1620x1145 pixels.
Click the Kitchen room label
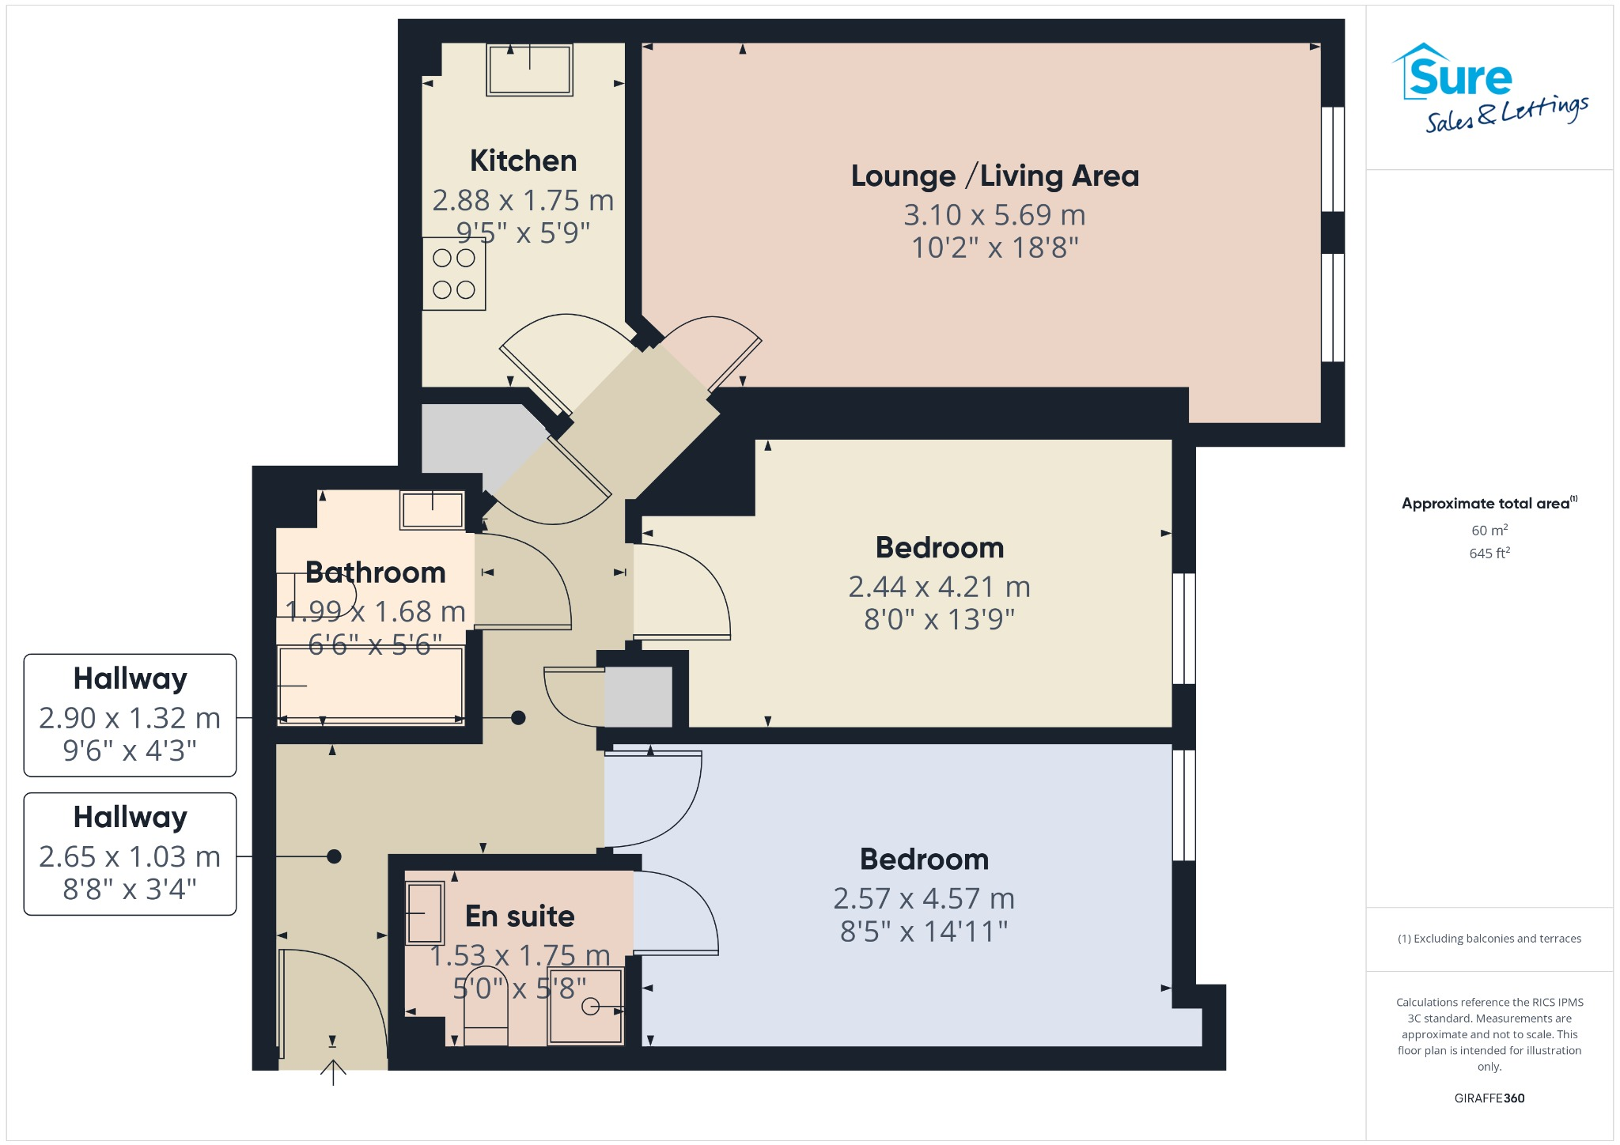click(523, 161)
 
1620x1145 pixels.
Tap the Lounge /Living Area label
click(994, 176)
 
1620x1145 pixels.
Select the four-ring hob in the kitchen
click(453, 274)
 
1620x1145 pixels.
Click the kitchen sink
click(529, 70)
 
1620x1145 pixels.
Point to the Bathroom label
click(375, 572)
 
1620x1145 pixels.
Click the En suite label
click(520, 916)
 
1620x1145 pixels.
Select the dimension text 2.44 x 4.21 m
click(939, 587)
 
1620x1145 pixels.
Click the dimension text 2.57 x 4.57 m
click(923, 898)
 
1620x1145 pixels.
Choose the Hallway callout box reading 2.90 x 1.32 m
click(130, 715)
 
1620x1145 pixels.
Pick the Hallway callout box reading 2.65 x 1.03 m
click(130, 854)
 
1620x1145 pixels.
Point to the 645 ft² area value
click(1489, 554)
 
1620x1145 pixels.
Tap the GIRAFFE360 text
click(1489, 1098)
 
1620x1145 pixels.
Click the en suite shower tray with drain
click(585, 1006)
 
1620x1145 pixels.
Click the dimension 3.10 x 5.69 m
click(994, 215)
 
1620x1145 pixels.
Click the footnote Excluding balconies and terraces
click(1489, 939)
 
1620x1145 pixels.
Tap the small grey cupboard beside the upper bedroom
click(638, 697)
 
